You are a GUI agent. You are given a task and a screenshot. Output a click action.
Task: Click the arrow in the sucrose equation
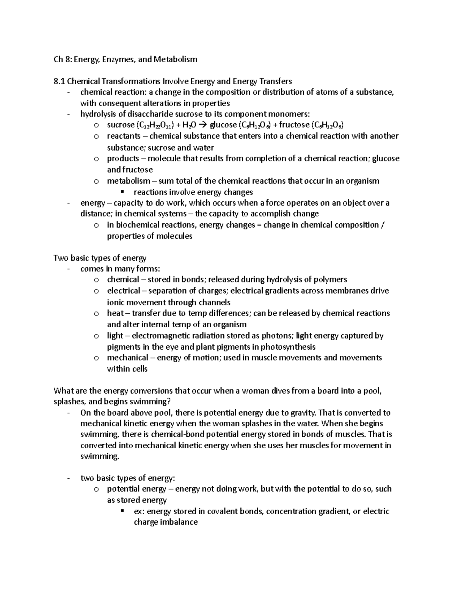(x=203, y=125)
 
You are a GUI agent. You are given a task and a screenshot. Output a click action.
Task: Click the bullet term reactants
(x=123, y=136)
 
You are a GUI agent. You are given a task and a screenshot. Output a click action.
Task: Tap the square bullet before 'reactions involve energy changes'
(x=122, y=192)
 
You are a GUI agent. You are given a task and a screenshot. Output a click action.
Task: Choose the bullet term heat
(x=115, y=313)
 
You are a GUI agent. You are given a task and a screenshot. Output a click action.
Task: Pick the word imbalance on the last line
(x=180, y=522)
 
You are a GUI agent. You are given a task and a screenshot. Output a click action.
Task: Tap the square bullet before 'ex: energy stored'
(x=122, y=511)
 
